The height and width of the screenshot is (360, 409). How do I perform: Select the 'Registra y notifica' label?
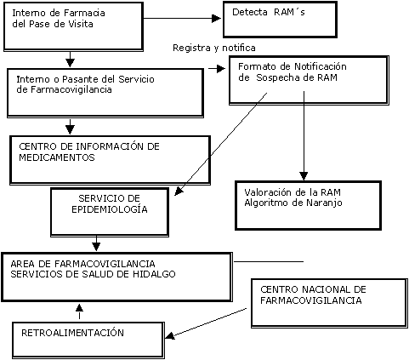pos(214,48)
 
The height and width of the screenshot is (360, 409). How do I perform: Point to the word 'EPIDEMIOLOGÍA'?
pos(110,209)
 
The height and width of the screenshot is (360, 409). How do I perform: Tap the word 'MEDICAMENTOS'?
pos(57,157)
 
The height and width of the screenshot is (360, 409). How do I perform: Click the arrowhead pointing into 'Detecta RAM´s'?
pos(216,19)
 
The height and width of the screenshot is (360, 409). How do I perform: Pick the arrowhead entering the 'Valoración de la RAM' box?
pos(304,176)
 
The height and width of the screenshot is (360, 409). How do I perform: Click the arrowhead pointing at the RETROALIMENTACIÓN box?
pos(169,335)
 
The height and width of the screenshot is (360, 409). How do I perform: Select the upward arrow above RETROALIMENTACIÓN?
pos(80,311)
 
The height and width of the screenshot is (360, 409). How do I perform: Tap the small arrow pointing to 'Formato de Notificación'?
pos(217,68)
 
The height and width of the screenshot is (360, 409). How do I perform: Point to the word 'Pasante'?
pos(79,79)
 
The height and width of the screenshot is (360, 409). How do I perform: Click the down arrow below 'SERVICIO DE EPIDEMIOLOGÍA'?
pos(96,243)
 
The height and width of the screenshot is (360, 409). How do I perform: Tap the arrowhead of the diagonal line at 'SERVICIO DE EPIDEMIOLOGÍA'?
pos(179,191)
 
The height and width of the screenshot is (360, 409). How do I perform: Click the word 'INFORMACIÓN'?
pos(110,146)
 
